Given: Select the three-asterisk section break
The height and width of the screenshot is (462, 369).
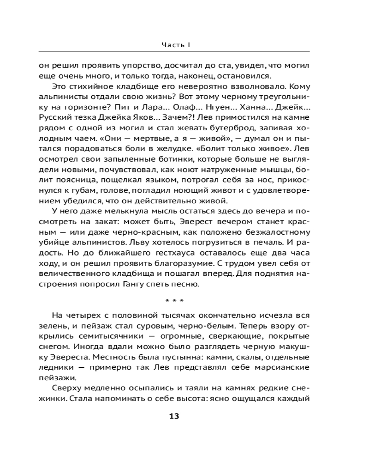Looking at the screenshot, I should pyautogui.click(x=174, y=301).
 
